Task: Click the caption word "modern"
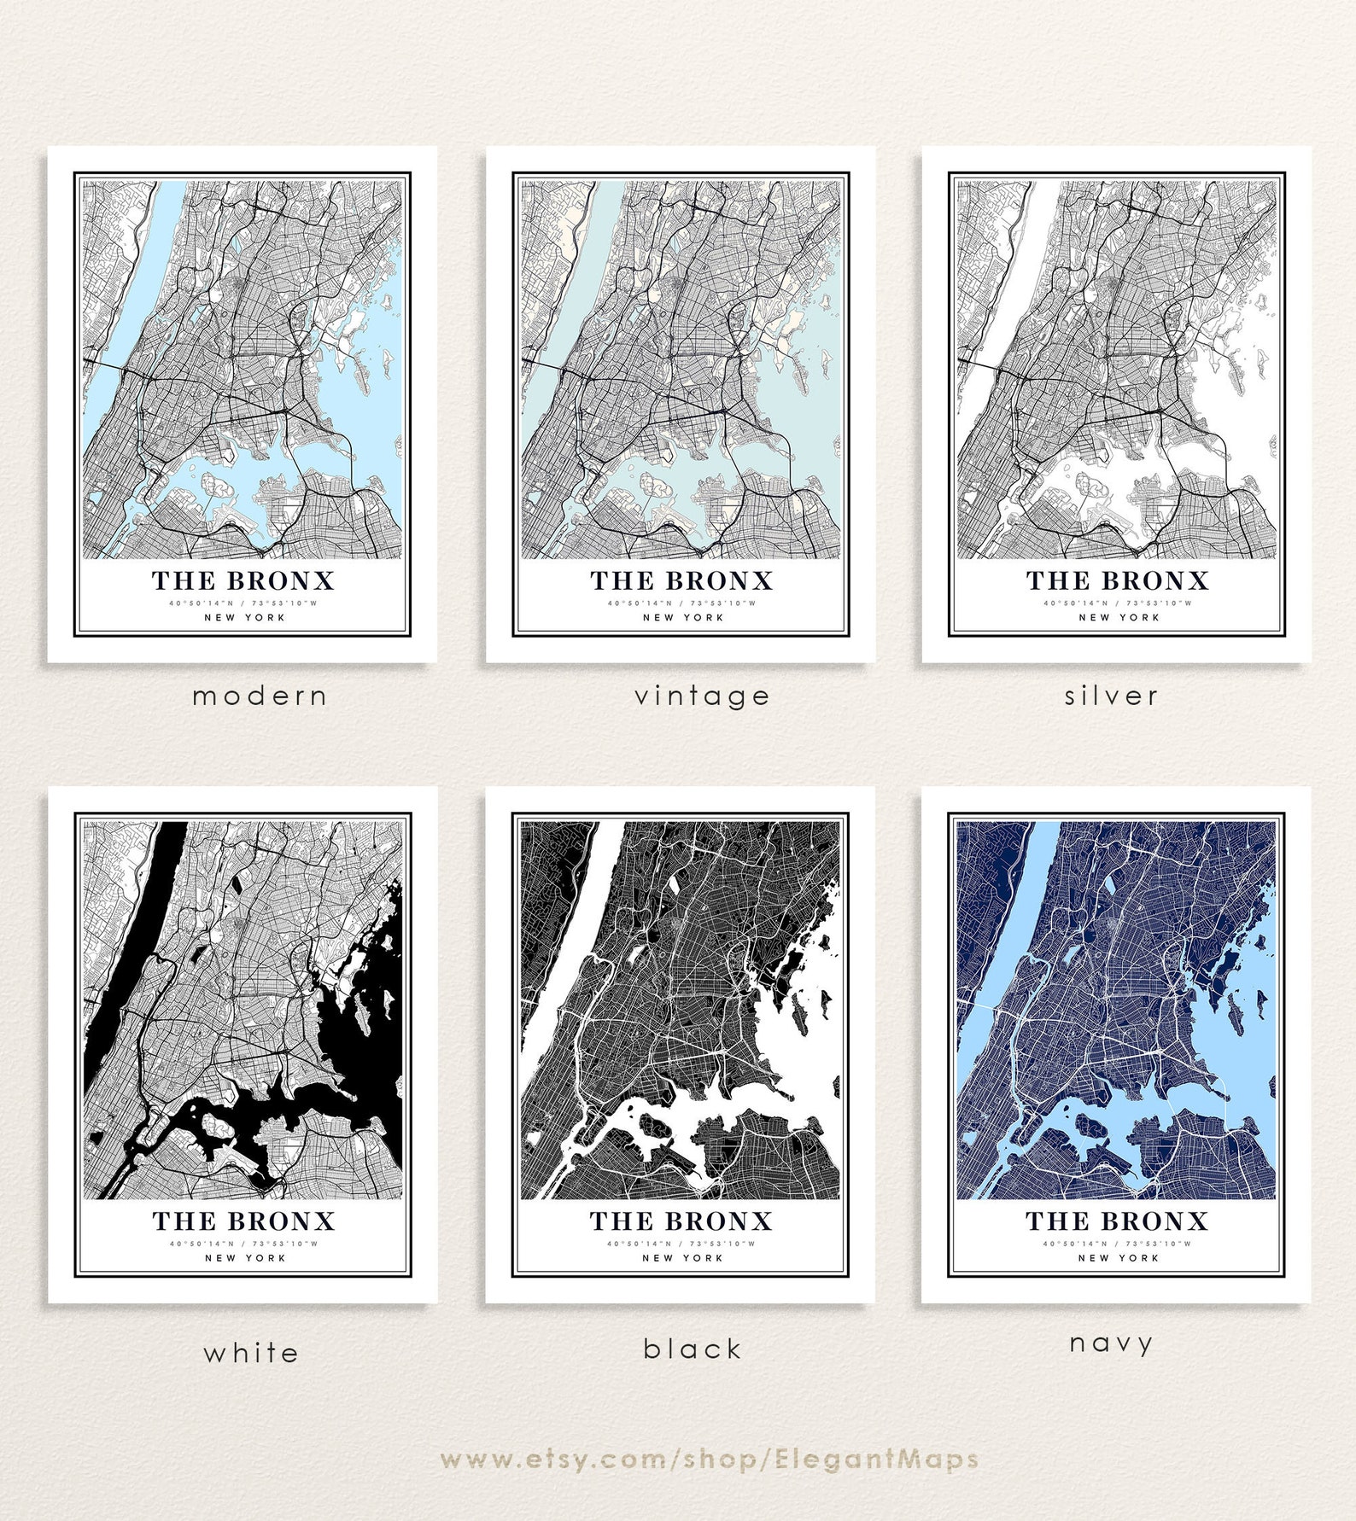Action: click(x=260, y=696)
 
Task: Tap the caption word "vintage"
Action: click(x=702, y=696)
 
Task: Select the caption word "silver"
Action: click(x=1112, y=696)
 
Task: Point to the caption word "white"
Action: click(x=251, y=1353)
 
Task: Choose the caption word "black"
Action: click(x=693, y=1349)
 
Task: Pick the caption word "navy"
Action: click(x=1112, y=1343)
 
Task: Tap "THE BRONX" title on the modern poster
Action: click(x=243, y=581)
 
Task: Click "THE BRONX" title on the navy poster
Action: click(x=1117, y=1221)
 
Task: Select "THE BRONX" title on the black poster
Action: click(x=681, y=1221)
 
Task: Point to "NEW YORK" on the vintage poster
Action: click(x=683, y=617)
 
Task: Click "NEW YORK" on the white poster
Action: click(x=245, y=1257)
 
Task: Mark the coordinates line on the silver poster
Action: click(x=1117, y=603)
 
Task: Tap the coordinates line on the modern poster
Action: click(x=243, y=603)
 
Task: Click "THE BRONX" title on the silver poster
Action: click(x=1117, y=581)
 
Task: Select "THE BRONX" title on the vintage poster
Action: click(x=681, y=581)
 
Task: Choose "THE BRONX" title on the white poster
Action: click(x=244, y=1221)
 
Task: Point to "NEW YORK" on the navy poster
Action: click(x=1118, y=1257)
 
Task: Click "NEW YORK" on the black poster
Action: click(x=682, y=1257)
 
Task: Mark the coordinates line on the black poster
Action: click(x=681, y=1244)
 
